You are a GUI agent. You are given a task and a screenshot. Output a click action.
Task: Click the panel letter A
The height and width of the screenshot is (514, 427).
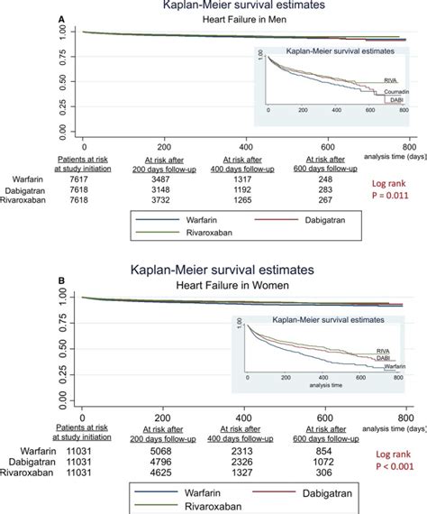click(60, 18)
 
